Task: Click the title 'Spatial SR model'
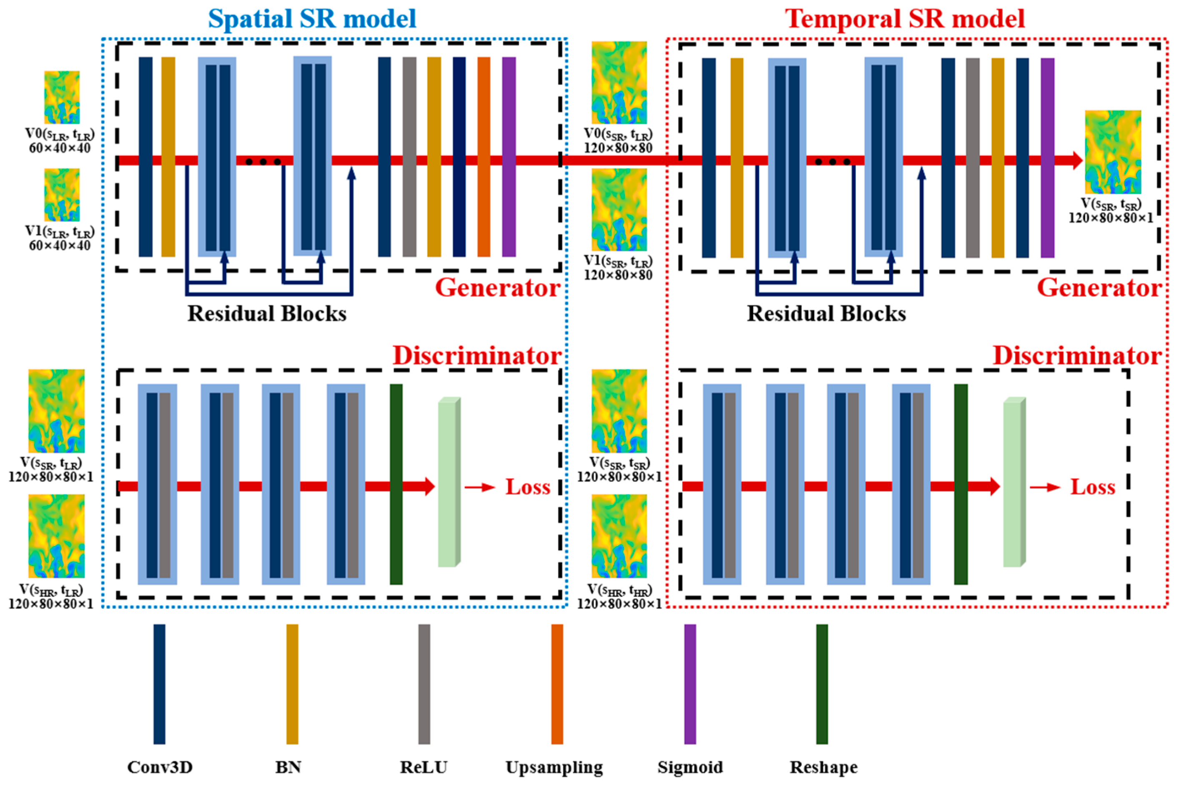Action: [312, 19]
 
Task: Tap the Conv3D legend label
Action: [160, 767]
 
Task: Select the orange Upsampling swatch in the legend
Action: [556, 684]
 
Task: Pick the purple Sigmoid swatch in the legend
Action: [689, 684]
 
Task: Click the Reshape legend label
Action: [824, 767]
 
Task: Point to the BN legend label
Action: [288, 767]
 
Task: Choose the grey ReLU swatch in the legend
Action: [424, 684]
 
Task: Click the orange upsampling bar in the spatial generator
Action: [484, 157]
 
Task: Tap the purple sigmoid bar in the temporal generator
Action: [1047, 158]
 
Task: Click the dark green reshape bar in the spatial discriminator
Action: [396, 484]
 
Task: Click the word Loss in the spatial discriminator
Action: [527, 487]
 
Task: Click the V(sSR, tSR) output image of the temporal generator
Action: [1113, 152]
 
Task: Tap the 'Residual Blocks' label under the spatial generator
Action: [267, 314]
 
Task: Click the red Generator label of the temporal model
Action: [1099, 288]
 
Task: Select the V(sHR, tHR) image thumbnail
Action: [619, 536]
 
